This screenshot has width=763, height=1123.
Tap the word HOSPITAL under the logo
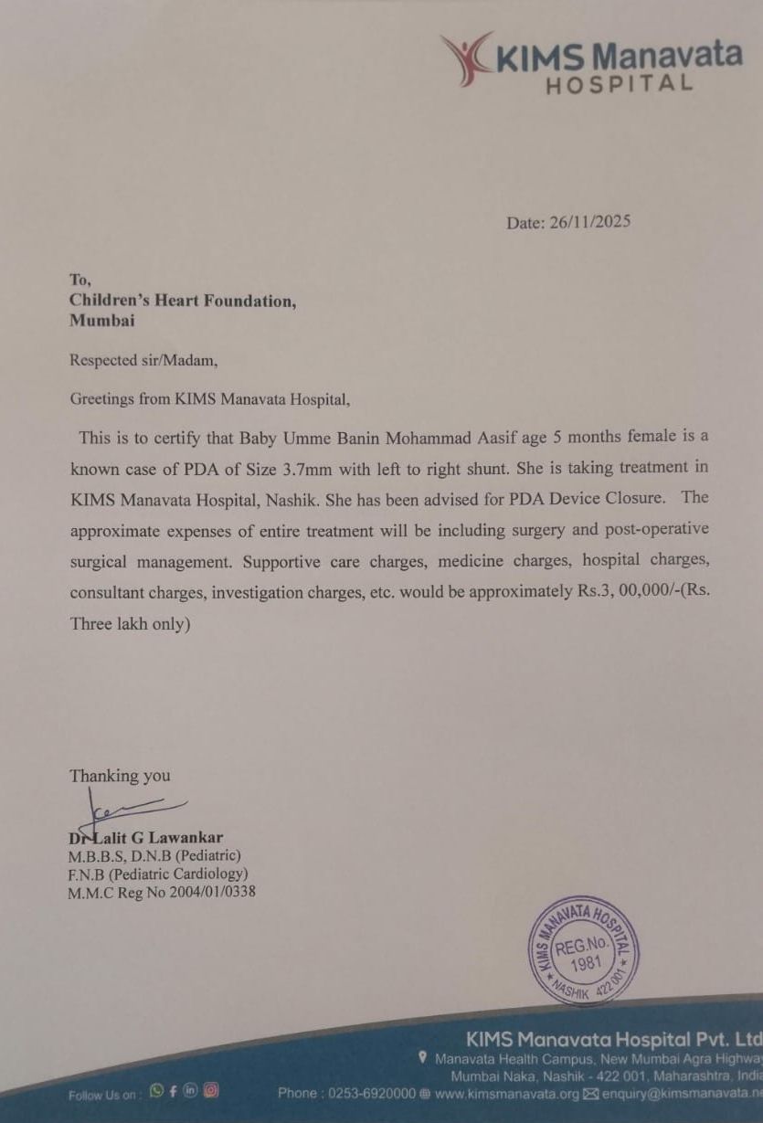point(619,84)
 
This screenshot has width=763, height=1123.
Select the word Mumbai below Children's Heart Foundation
point(102,320)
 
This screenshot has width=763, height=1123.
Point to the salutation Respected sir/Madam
point(143,360)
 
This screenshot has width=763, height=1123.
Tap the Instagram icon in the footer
point(211,1090)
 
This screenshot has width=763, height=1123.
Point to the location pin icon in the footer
point(422,1058)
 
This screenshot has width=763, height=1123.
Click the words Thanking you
point(120,776)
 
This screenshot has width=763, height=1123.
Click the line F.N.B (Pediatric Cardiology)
point(157,874)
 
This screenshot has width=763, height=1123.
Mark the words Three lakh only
point(130,626)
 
